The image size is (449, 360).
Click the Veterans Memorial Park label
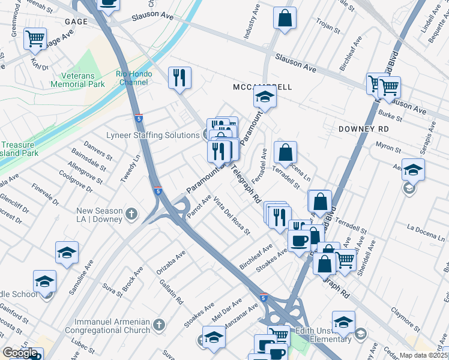click(x=86, y=81)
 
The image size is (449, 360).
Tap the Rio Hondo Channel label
click(x=134, y=79)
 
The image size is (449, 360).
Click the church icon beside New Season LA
click(x=132, y=214)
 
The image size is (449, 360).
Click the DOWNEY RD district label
click(x=364, y=129)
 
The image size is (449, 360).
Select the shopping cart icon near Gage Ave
click(x=35, y=39)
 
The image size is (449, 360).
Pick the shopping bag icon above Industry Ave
click(x=285, y=18)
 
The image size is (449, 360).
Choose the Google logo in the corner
click(x=20, y=353)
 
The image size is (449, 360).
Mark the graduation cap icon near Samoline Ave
click(x=67, y=253)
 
